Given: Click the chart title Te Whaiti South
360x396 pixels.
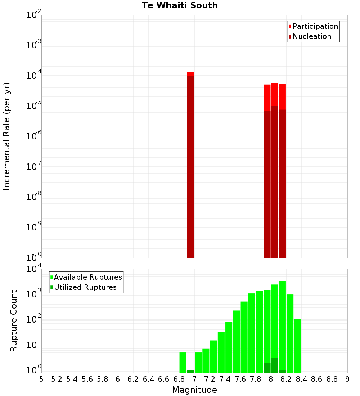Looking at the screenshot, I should [x=180, y=5].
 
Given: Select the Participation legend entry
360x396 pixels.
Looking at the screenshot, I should [x=315, y=26].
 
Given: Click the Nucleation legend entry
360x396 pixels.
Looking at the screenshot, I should [x=311, y=36].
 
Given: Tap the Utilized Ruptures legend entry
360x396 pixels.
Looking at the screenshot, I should [x=85, y=287].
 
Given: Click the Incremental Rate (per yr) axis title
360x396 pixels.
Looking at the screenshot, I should [x=7, y=136].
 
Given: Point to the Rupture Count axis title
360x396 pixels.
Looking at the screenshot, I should [x=14, y=321].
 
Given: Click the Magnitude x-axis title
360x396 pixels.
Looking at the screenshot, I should [x=194, y=390].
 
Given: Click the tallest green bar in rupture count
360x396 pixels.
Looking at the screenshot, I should [x=282, y=324].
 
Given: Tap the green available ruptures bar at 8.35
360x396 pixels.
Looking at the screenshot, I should [x=297, y=346].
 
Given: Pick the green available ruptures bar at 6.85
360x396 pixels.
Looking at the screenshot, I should [x=183, y=362].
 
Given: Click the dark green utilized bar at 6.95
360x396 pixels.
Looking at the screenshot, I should [x=190, y=371].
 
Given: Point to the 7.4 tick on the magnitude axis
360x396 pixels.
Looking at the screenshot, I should [x=225, y=379].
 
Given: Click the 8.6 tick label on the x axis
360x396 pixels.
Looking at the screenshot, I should [x=317, y=379].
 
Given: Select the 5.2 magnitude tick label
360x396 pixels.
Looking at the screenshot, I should [x=57, y=379].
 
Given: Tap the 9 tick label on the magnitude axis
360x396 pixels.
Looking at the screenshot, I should [x=347, y=379].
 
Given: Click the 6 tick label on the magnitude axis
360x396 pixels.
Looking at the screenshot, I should [x=118, y=379].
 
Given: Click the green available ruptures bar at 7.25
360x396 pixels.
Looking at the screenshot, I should [x=213, y=356].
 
